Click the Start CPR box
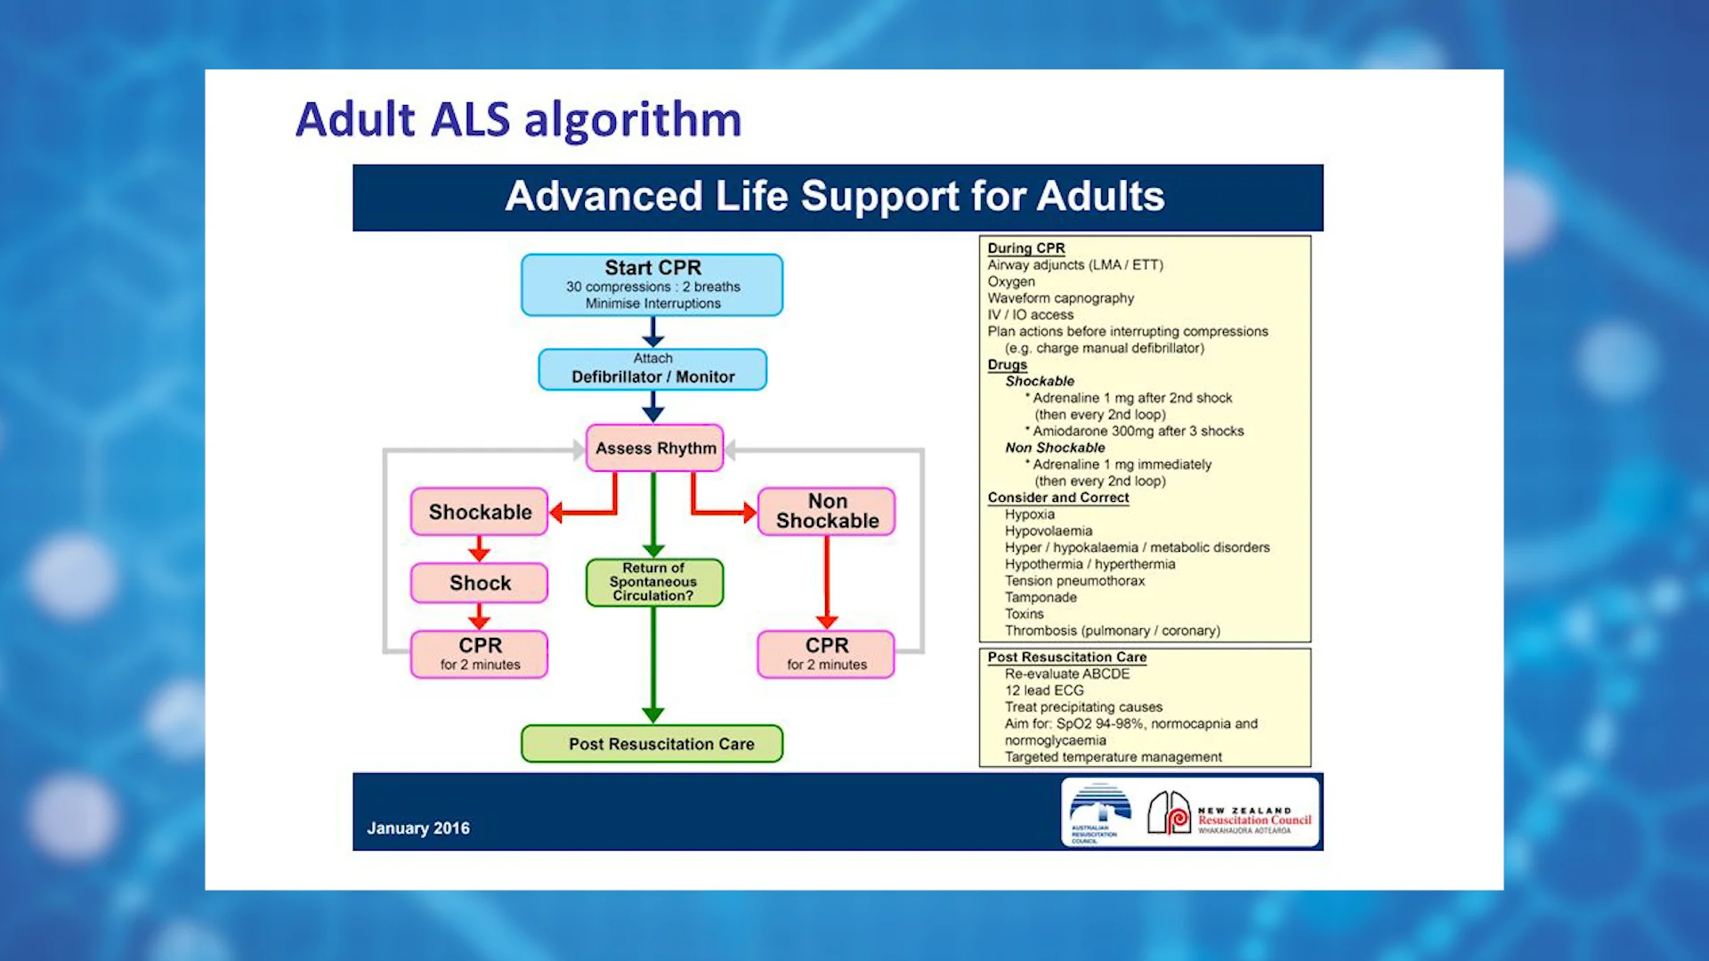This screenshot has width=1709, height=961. [x=652, y=285]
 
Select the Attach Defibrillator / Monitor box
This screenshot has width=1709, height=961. [x=652, y=369]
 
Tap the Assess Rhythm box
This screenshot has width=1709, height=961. [x=655, y=448]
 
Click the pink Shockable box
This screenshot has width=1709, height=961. [x=480, y=512]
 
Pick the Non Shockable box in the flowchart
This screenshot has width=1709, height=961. [x=827, y=512]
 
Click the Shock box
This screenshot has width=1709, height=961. [x=480, y=583]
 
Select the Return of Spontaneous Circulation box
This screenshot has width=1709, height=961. [x=653, y=582]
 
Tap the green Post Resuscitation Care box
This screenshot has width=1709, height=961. [x=652, y=744]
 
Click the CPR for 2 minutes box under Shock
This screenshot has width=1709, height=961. [x=480, y=654]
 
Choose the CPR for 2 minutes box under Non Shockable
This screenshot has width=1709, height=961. [x=826, y=654]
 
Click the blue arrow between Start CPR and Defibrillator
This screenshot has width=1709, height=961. [x=652, y=333]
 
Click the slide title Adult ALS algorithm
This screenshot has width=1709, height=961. [x=518, y=119]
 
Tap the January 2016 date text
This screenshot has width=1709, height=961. [x=418, y=828]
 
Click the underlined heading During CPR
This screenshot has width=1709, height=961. [x=1025, y=248]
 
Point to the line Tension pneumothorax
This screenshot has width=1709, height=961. [x=1074, y=581]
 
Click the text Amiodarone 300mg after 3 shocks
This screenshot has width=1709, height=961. [x=1138, y=432]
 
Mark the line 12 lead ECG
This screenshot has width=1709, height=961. [x=1044, y=690]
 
